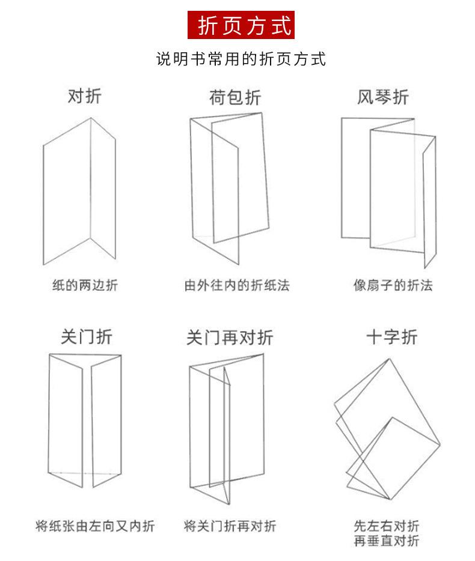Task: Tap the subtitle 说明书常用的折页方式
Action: [241, 59]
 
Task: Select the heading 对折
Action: [84, 96]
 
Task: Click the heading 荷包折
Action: [235, 98]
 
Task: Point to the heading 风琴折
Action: [382, 97]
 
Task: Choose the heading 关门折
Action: [87, 336]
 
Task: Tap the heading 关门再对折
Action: [230, 338]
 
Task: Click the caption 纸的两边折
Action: [85, 285]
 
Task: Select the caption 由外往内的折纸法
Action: [236, 285]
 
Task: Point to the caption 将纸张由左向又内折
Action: [94, 527]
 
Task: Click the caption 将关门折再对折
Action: [230, 527]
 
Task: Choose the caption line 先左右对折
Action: [386, 526]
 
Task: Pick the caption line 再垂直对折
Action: [386, 541]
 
